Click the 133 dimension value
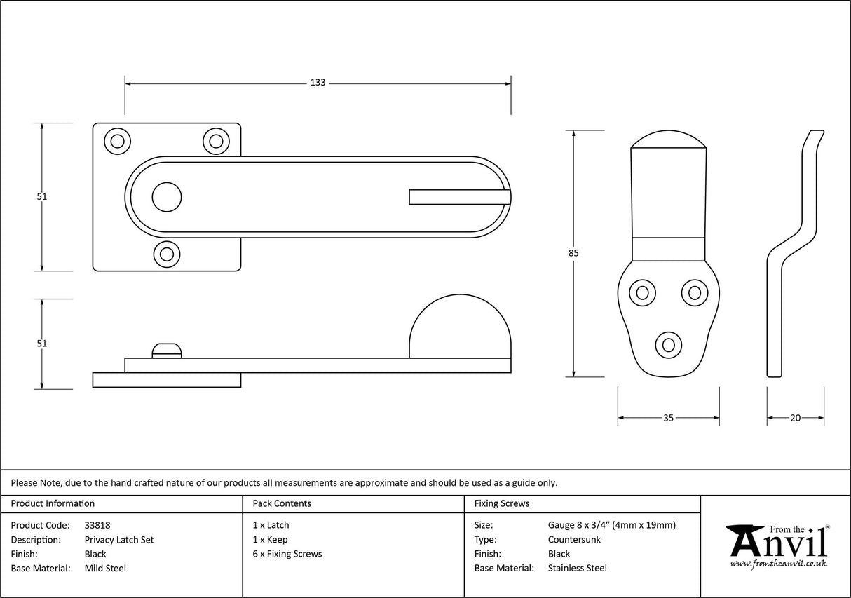(318, 83)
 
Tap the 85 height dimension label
(574, 253)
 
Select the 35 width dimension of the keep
(668, 418)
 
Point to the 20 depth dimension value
(795, 418)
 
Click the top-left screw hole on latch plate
(117, 141)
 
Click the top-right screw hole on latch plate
(216, 141)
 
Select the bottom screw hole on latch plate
(167, 254)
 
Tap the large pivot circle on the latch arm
(167, 197)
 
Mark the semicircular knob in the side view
(460, 329)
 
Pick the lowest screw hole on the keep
(668, 345)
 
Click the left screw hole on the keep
(641, 292)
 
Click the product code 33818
(97, 525)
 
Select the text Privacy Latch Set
(118, 540)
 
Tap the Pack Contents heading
(282, 503)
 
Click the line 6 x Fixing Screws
(287, 554)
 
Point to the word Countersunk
(574, 540)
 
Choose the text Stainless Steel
(577, 569)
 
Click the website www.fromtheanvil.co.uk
(778, 564)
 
